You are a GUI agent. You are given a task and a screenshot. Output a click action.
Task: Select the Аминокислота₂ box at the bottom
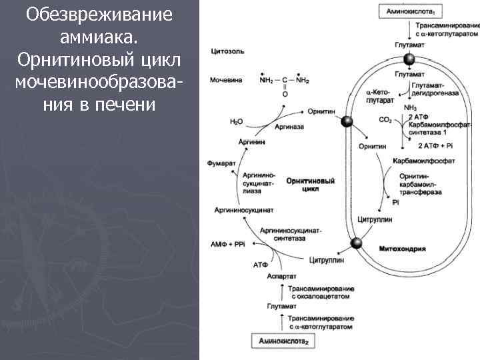[283, 341]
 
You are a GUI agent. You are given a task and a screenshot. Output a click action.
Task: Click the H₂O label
[236, 121]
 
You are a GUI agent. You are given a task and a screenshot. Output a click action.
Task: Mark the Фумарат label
[219, 162]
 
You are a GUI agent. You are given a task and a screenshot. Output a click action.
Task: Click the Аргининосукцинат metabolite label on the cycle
[240, 209]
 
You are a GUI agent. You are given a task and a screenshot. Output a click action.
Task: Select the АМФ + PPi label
[228, 243]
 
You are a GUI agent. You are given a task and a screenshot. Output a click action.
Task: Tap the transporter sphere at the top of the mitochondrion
[409, 60]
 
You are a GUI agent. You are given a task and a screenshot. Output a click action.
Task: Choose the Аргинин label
[251, 143]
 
